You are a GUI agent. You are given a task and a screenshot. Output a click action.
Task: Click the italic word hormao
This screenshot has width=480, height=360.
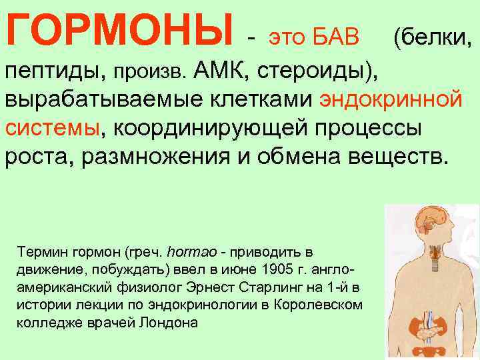pos(194,253)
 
